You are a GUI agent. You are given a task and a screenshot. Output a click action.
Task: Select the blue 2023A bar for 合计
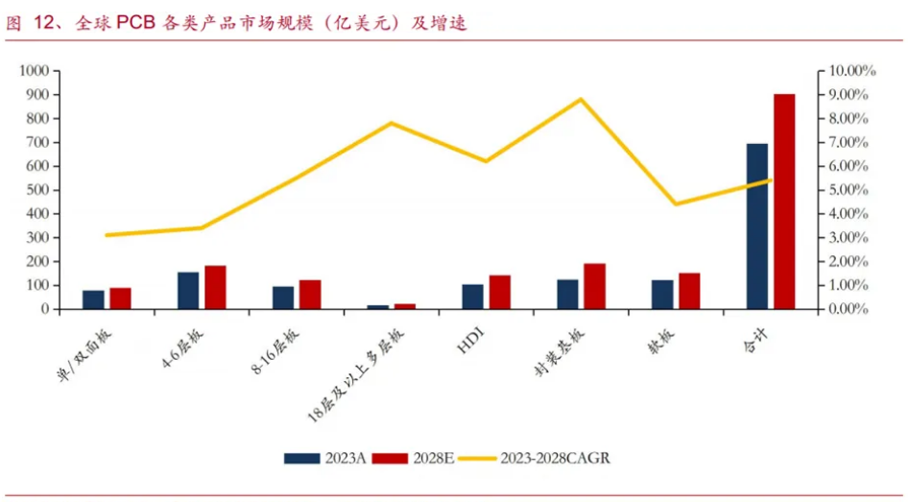point(757,227)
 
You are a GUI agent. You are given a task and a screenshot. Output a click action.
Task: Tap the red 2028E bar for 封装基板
point(595,286)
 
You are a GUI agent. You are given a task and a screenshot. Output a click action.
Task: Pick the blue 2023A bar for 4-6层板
point(188,291)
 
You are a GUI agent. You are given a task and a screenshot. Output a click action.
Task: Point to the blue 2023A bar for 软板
point(662,295)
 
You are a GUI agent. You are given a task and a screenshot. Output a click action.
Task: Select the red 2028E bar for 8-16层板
point(310,295)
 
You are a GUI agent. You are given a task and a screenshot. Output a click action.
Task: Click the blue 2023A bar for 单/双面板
point(93,299)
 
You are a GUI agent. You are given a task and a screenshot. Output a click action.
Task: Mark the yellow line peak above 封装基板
point(581,99)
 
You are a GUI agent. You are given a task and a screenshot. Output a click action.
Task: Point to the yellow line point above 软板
point(676,203)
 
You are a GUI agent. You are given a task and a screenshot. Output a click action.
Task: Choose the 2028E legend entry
point(414,459)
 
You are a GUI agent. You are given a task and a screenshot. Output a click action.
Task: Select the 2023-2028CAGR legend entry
point(534,459)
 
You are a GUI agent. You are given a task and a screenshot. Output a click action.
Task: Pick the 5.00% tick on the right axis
point(849,190)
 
